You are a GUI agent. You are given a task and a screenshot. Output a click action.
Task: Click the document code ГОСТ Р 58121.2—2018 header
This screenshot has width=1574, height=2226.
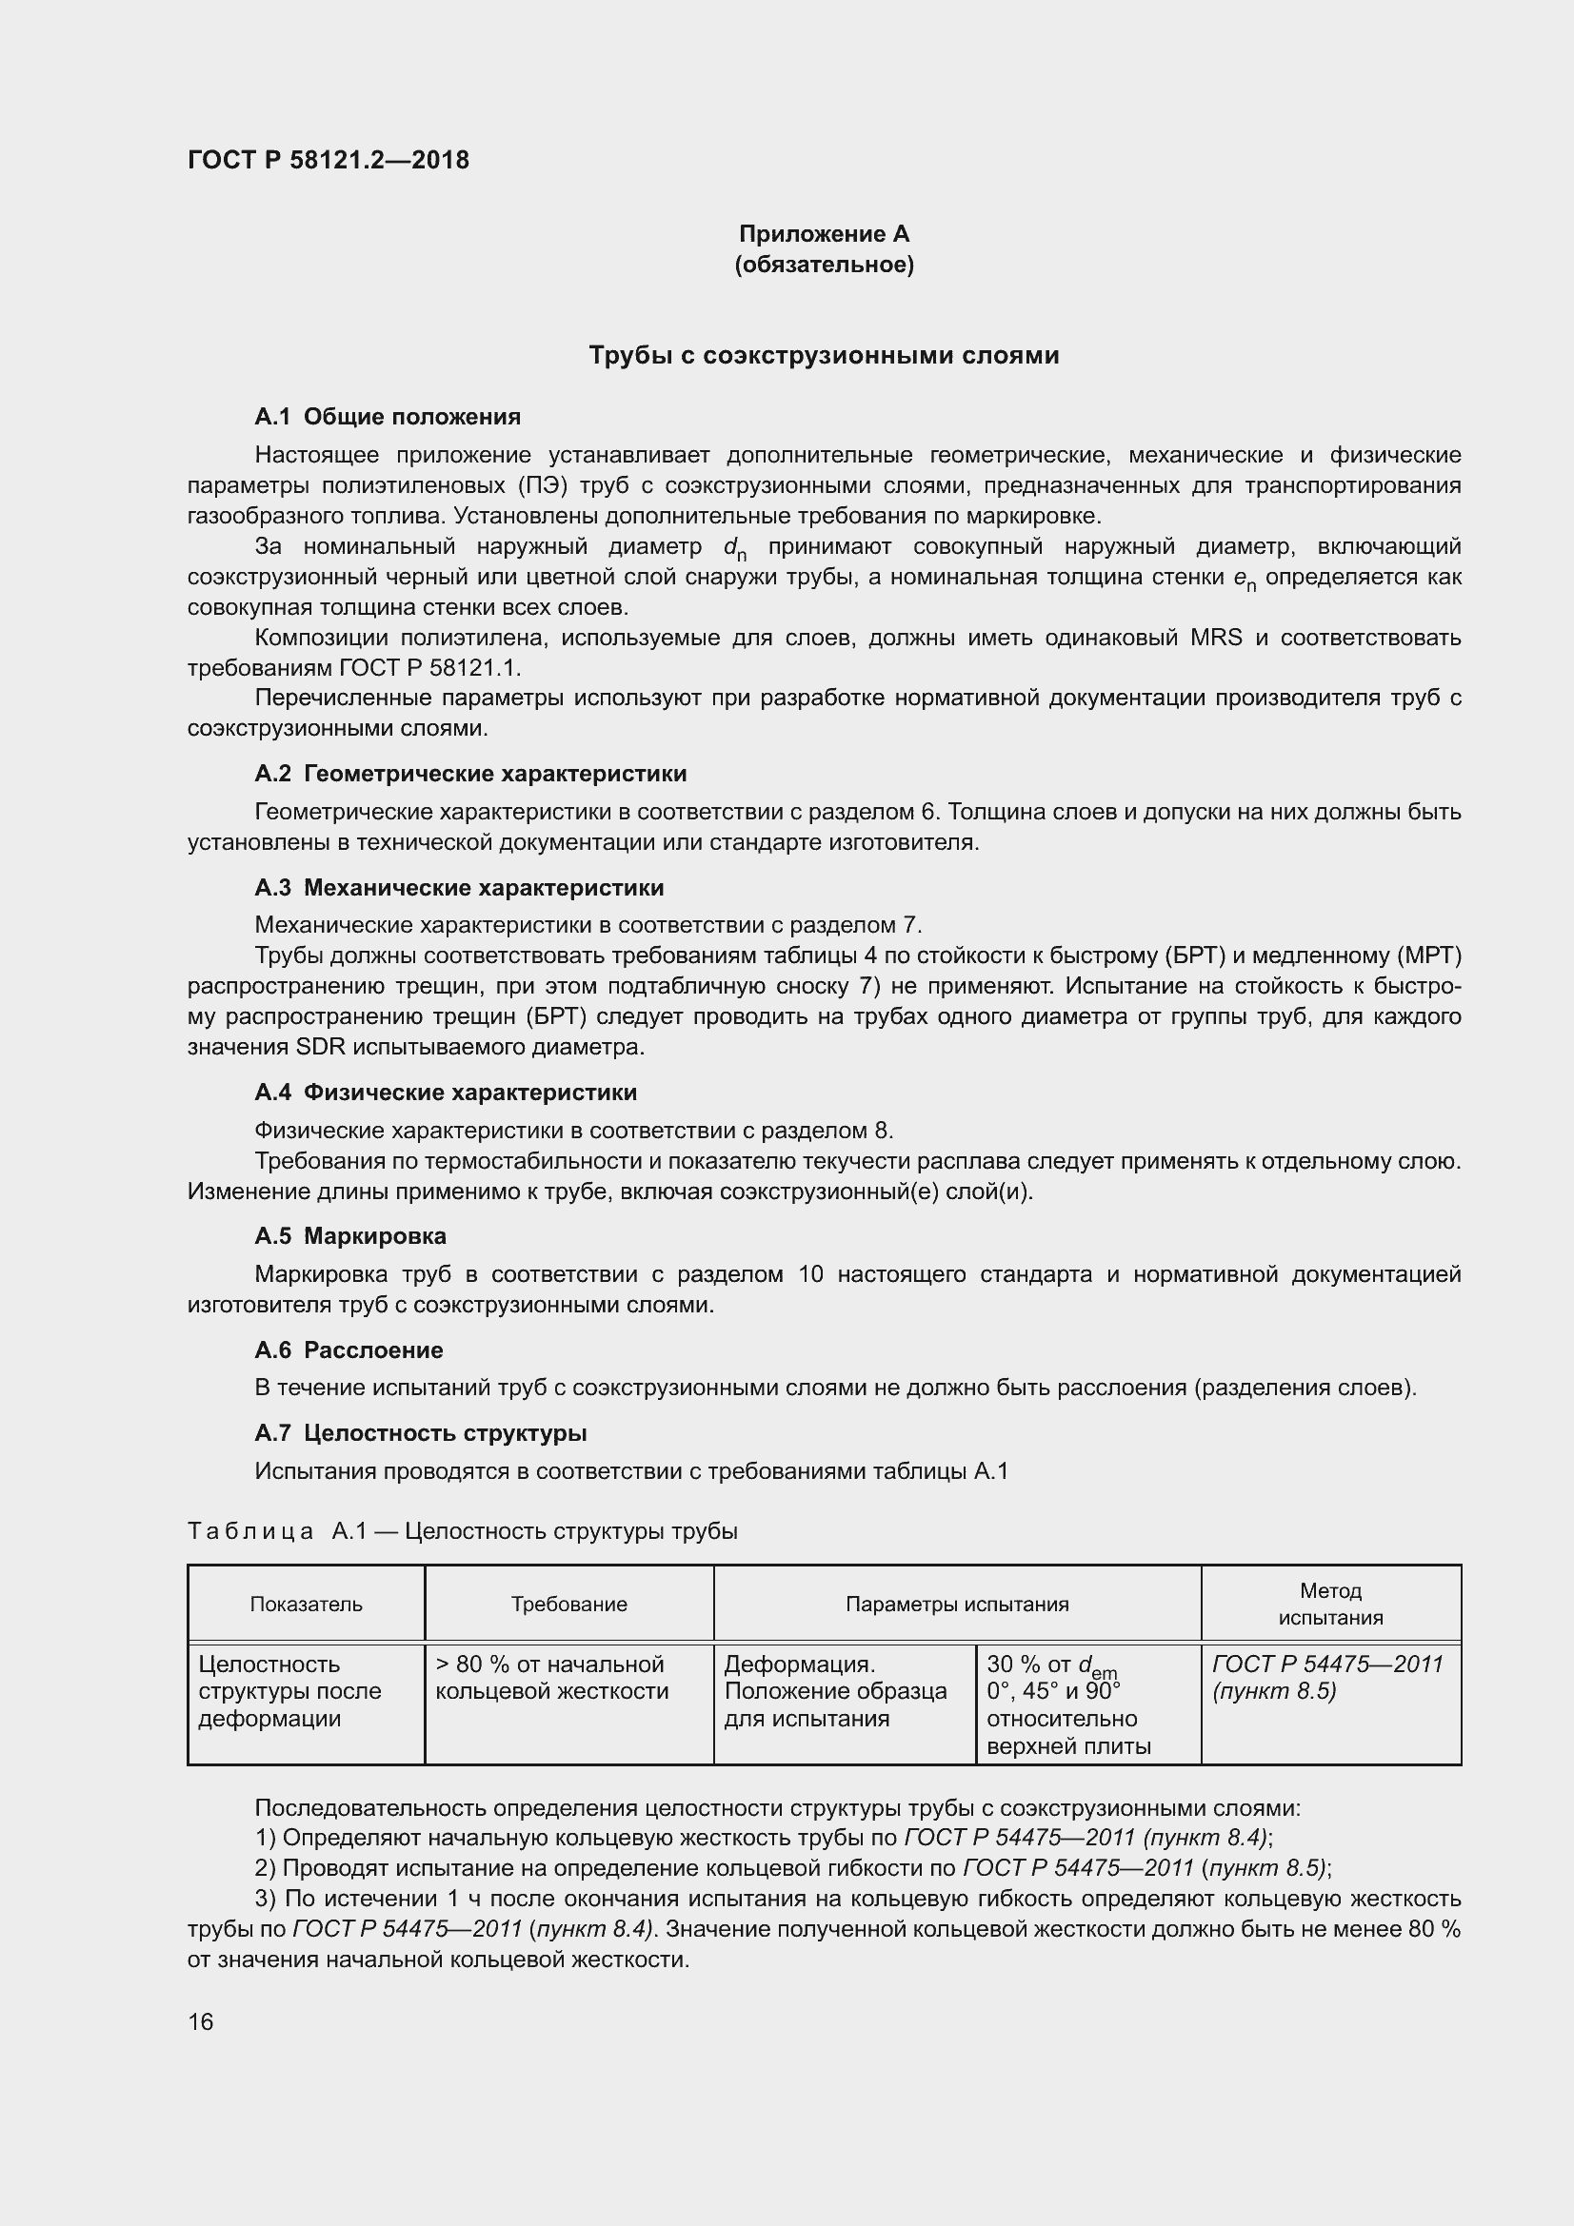pos(328,160)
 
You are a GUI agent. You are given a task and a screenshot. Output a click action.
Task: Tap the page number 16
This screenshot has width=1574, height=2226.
pos(201,2021)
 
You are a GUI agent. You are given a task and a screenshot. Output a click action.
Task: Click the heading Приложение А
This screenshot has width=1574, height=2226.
pos(824,234)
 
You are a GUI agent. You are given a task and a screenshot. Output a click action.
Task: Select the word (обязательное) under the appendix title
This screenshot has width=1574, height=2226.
pos(824,265)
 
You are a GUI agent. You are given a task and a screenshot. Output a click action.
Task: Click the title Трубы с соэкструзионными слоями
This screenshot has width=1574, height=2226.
pos(824,356)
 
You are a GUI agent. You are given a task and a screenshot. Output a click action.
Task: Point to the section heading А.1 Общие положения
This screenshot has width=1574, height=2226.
pos(387,417)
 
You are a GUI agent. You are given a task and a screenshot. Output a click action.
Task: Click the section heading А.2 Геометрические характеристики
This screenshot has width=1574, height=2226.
pos(470,774)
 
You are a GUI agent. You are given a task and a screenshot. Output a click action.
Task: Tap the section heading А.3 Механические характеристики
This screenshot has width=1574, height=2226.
pos(459,888)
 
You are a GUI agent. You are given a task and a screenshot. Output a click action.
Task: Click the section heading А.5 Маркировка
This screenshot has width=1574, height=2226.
pos(350,1236)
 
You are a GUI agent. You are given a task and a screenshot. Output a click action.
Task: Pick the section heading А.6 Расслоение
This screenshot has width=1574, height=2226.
pos(349,1350)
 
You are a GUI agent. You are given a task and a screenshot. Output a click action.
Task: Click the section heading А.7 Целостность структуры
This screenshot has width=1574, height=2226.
pos(420,1433)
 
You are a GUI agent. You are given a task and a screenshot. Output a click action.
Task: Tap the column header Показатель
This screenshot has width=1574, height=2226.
pos(306,1604)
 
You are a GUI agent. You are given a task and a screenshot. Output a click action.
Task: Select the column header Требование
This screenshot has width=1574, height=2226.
pos(568,1604)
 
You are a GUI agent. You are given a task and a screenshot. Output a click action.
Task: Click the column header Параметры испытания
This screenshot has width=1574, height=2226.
pos(956,1604)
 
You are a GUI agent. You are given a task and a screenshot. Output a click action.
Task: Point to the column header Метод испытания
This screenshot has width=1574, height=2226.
pos(1329,1604)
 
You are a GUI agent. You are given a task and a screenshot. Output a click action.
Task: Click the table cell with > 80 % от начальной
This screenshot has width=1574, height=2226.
pos(550,1676)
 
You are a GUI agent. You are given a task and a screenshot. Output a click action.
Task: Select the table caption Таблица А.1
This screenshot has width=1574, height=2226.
pos(462,1531)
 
